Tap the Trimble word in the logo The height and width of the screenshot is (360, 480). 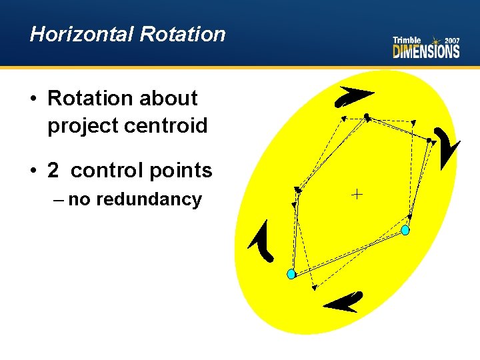(x=407, y=41)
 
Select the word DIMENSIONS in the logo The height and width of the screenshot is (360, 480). (x=426, y=52)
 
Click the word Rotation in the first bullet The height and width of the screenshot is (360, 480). (x=91, y=99)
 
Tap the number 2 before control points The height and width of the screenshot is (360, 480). (x=53, y=171)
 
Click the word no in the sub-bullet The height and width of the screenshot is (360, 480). (x=79, y=199)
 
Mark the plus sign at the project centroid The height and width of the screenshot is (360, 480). (x=357, y=195)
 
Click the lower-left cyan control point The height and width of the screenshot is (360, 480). (x=291, y=274)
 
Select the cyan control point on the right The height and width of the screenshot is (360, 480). (x=405, y=230)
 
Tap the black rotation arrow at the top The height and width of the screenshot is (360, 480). (x=353, y=96)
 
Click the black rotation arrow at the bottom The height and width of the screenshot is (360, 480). (x=344, y=303)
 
